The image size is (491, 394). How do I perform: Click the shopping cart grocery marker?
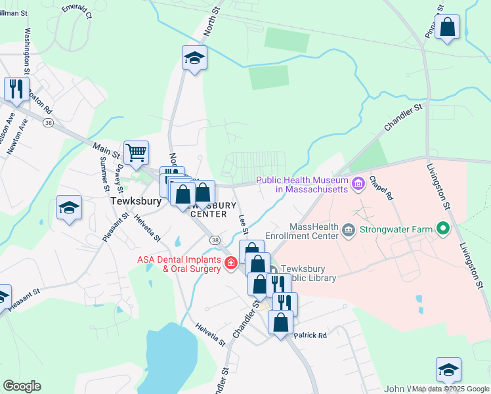pyautogui.click(x=136, y=153)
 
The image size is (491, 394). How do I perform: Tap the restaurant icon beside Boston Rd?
pyautogui.click(x=16, y=89)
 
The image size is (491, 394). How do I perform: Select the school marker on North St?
pyautogui.click(x=194, y=58)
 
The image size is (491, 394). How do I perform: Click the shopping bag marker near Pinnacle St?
pyautogui.click(x=447, y=28)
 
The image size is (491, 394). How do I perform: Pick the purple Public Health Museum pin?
pyautogui.click(x=358, y=184)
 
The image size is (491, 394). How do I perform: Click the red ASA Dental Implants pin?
pyautogui.click(x=230, y=263)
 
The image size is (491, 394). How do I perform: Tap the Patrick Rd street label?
pyautogui.click(x=310, y=336)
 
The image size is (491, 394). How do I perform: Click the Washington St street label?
pyautogui.click(x=28, y=50)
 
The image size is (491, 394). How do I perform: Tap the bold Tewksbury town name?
pyautogui.click(x=135, y=202)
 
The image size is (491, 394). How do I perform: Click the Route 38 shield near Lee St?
pyautogui.click(x=215, y=241)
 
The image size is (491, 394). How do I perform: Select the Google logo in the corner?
pyautogui.click(x=22, y=386)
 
